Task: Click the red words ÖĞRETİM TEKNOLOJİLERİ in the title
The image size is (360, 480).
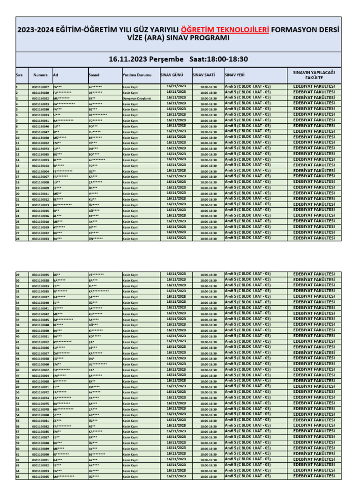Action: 225,30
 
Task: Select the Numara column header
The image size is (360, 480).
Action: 40,75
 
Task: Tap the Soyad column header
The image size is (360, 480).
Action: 94,75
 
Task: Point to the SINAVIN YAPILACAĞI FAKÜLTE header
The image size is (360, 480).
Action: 314,75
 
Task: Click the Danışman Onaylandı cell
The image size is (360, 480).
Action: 137,98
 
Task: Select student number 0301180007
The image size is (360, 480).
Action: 40,87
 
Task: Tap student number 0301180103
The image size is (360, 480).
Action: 40,166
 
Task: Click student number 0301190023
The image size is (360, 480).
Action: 40,239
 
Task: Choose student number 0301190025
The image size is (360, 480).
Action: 40,275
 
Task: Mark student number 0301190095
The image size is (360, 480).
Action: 40,477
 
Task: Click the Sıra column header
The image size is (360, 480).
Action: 19,75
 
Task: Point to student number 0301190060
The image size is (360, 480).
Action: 40,364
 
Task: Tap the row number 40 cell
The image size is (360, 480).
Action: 18,337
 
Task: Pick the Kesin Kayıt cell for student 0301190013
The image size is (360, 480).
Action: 130,205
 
